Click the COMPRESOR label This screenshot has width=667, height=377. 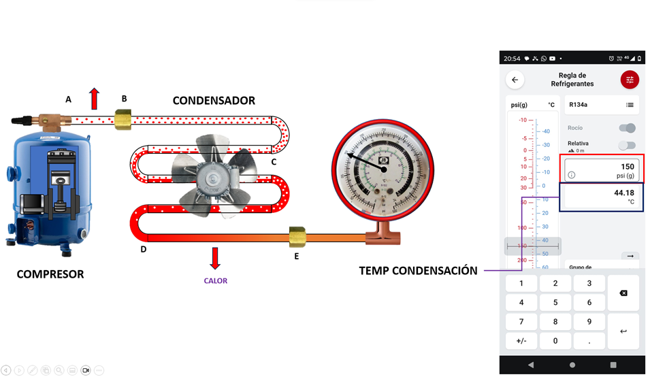click(x=50, y=274)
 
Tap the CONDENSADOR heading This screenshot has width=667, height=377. click(x=214, y=101)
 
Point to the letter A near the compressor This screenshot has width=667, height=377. click(x=68, y=99)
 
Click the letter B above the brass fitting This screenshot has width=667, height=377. click(x=124, y=99)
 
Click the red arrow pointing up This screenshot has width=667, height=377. click(x=94, y=99)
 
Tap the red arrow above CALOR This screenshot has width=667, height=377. click(x=215, y=258)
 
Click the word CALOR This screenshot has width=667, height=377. click(x=215, y=280)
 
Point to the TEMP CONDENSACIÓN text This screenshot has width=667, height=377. click(x=418, y=271)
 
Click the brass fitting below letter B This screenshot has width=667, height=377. click(x=124, y=121)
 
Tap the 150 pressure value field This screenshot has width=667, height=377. click(x=600, y=170)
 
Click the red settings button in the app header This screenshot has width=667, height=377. click(x=630, y=80)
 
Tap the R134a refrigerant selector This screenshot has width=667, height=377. click(x=601, y=105)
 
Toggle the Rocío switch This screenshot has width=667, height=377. click(x=628, y=128)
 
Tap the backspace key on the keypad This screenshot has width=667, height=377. click(x=623, y=293)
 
